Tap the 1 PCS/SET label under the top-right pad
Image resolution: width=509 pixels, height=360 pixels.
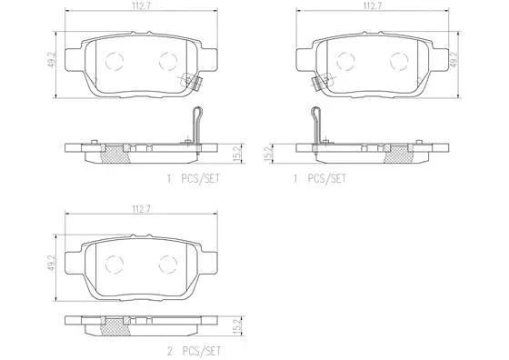click(318, 179)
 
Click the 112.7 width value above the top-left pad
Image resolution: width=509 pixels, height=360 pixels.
click(139, 8)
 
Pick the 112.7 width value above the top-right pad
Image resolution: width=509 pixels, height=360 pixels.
click(370, 8)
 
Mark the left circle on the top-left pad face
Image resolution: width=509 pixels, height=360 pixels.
click(114, 61)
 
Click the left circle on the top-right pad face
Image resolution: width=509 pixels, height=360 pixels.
click(344, 61)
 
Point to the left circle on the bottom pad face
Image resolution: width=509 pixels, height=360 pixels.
click(114, 265)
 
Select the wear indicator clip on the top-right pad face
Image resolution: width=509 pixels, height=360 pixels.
click(317, 83)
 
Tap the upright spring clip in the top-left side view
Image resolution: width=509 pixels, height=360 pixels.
click(192, 123)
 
